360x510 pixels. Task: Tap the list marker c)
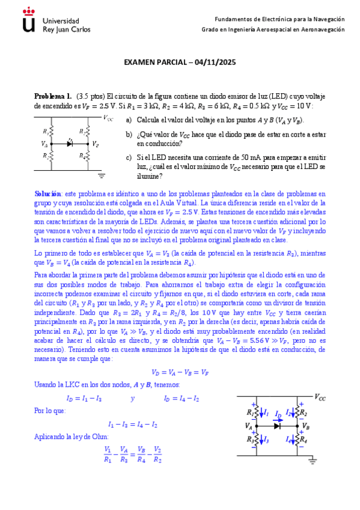click(x=129, y=158)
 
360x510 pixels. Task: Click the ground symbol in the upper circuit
click(x=102, y=175)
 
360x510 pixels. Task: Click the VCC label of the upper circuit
click(x=108, y=118)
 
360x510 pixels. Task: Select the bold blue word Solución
click(x=47, y=194)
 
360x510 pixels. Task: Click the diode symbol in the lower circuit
click(x=277, y=426)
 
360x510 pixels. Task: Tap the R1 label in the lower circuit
click(x=249, y=413)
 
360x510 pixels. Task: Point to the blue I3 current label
click(x=266, y=440)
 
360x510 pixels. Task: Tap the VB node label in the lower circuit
click(x=307, y=426)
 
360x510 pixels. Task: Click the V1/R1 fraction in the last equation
click(x=108, y=454)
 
